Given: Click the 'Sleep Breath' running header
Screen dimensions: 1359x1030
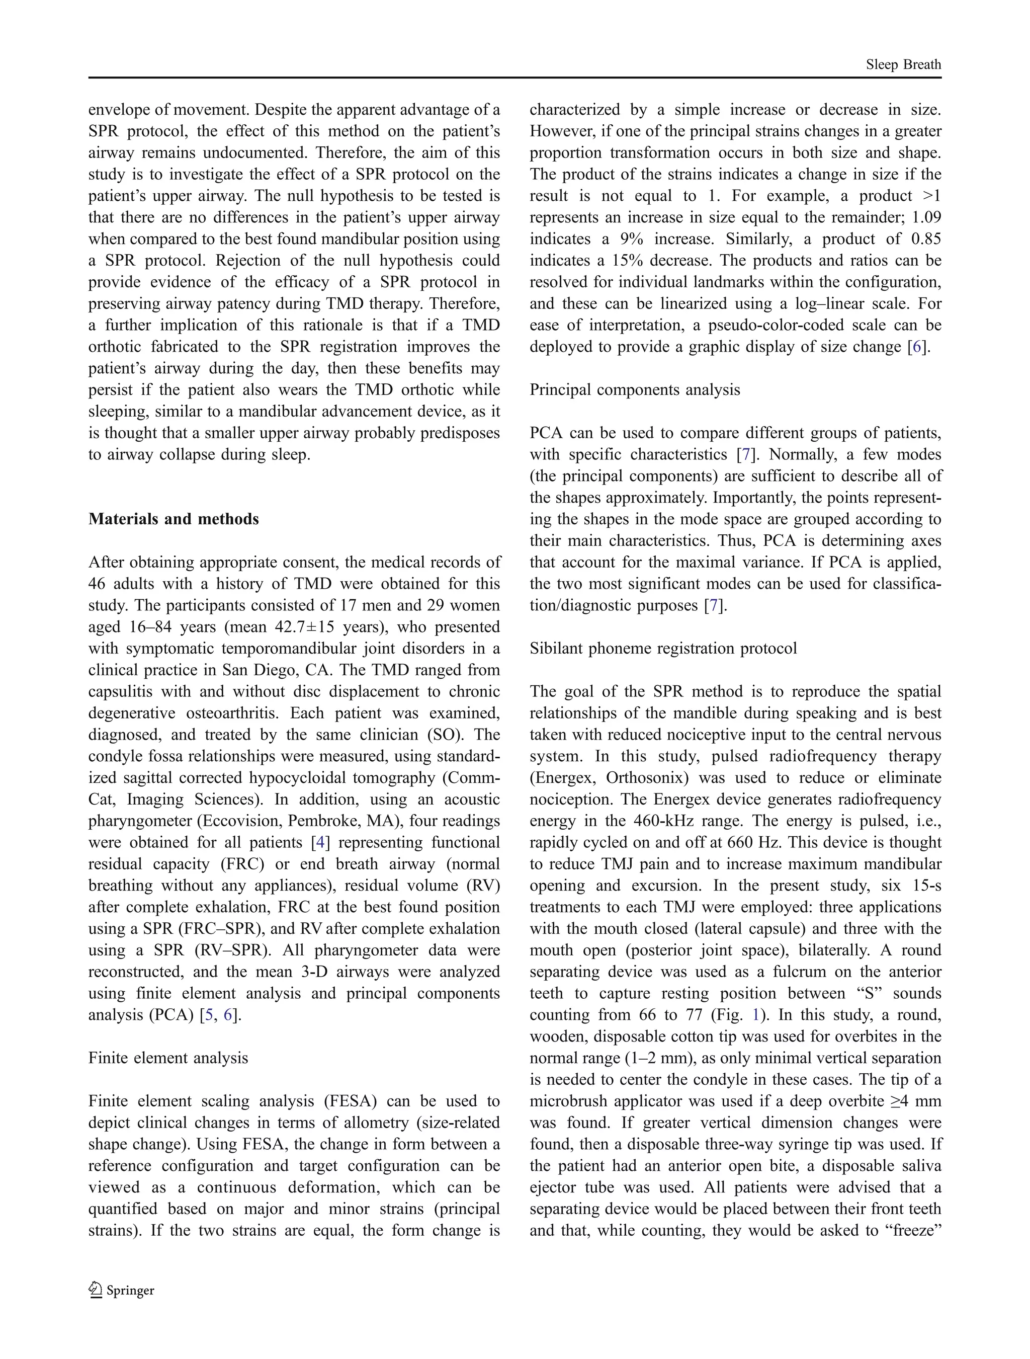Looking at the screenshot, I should [903, 64].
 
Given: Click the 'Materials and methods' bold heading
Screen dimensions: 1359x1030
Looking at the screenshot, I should [174, 519].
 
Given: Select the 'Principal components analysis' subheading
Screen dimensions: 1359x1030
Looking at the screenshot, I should [635, 389].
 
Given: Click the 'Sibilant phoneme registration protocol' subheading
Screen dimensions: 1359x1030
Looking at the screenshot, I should [663, 648].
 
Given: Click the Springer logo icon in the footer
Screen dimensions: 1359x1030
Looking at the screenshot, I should [96, 1290].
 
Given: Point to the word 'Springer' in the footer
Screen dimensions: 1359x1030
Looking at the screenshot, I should [130, 1290].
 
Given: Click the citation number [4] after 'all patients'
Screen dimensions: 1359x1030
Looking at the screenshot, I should [320, 842].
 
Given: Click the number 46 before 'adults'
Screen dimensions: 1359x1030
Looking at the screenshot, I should [97, 584].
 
